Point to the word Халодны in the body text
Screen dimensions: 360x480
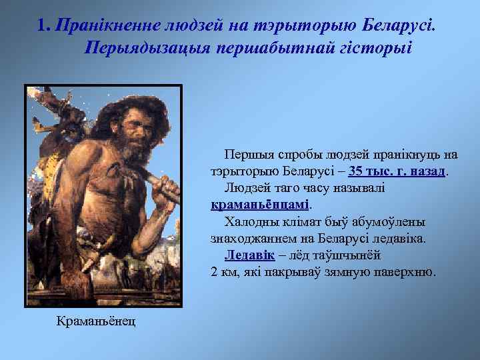coord(251,221)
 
